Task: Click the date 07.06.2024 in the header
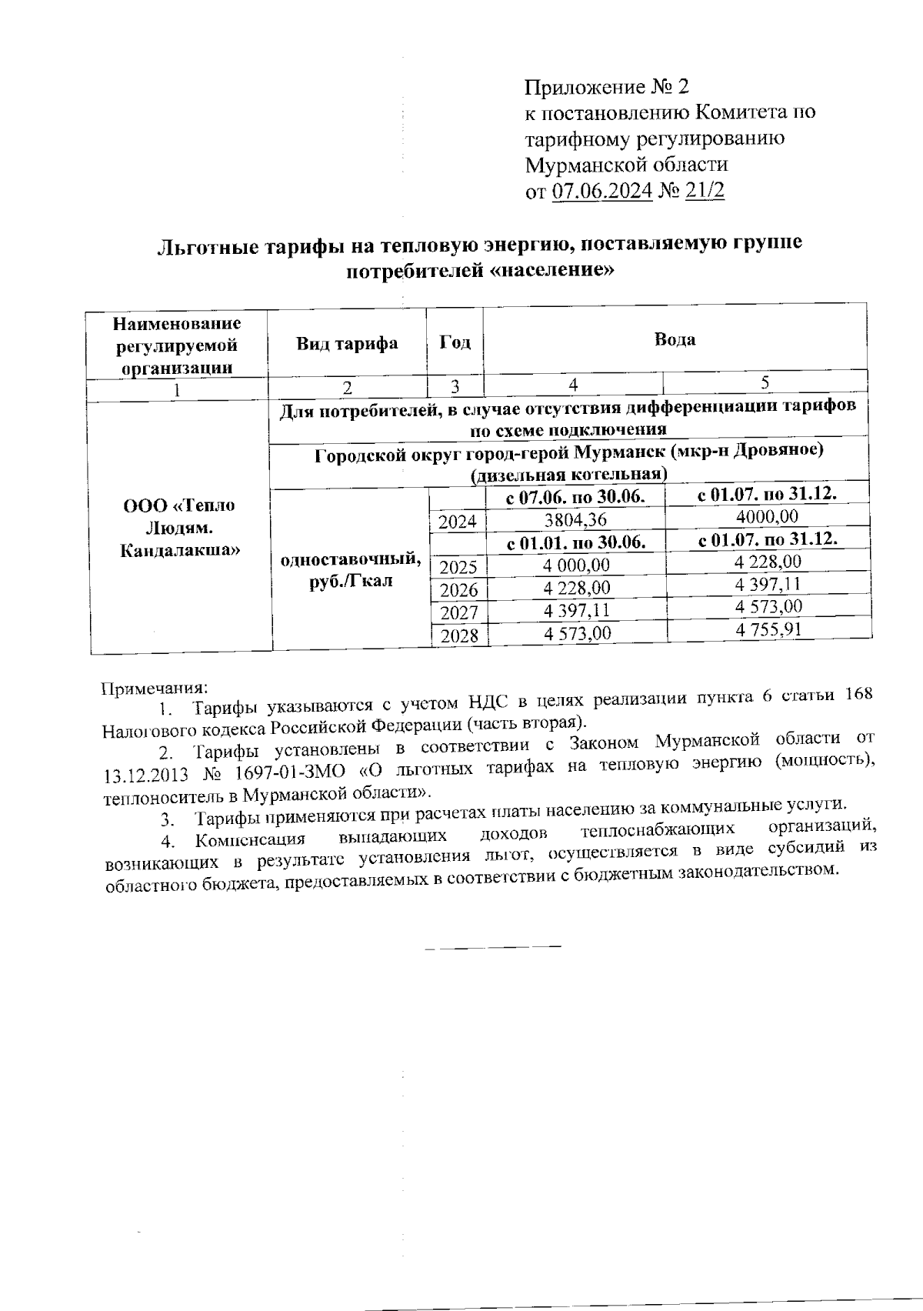(602, 191)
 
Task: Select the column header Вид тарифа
(347, 343)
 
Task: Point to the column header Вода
(675, 339)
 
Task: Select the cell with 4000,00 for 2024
(767, 515)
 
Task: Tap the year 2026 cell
(458, 590)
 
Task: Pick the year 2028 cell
(459, 635)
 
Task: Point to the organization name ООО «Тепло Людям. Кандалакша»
(179, 528)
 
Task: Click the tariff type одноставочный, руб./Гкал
(351, 569)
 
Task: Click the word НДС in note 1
(487, 702)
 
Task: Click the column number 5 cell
(765, 382)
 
